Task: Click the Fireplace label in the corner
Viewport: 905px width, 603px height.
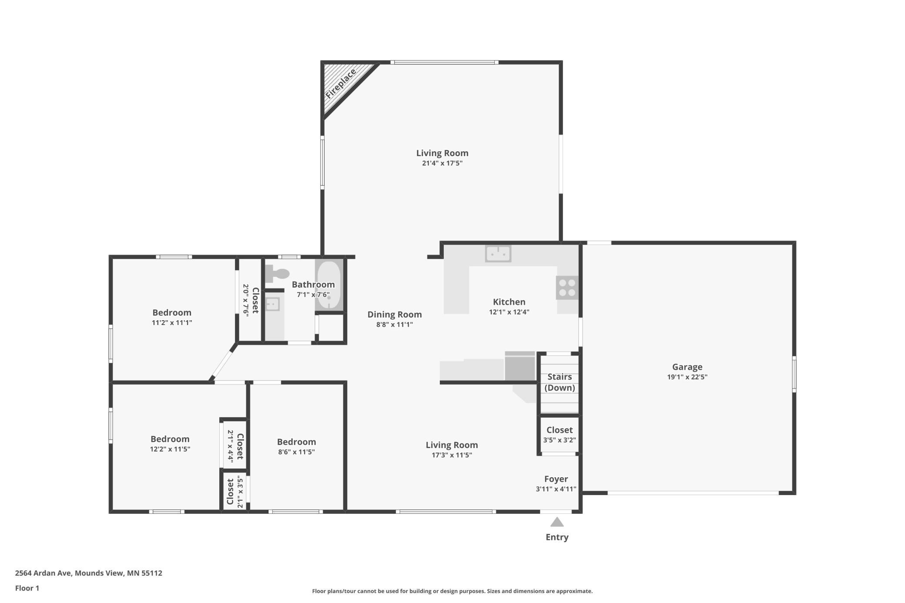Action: tap(341, 84)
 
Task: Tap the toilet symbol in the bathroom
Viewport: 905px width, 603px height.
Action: tap(277, 274)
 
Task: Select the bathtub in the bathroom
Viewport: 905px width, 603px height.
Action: tap(329, 285)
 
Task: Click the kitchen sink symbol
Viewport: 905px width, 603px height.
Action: tap(498, 254)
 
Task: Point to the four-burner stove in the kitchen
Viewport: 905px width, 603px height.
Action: tap(567, 288)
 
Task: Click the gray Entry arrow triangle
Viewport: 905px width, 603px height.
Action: tap(557, 522)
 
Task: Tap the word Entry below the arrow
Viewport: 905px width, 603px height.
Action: tap(557, 537)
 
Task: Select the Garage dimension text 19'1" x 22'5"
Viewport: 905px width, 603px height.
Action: tap(687, 377)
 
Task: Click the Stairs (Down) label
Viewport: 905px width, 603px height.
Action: tap(560, 382)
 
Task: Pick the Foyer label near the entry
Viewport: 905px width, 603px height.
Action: tap(556, 479)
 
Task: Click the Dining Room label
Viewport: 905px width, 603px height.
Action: tap(395, 315)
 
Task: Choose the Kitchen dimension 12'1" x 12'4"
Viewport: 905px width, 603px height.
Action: tap(509, 312)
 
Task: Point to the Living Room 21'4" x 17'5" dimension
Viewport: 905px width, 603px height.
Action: tap(442, 164)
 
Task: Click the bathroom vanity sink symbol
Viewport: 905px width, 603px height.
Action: tap(272, 304)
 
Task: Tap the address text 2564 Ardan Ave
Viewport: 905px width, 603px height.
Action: tap(43, 573)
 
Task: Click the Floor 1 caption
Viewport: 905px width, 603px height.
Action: tap(27, 588)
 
